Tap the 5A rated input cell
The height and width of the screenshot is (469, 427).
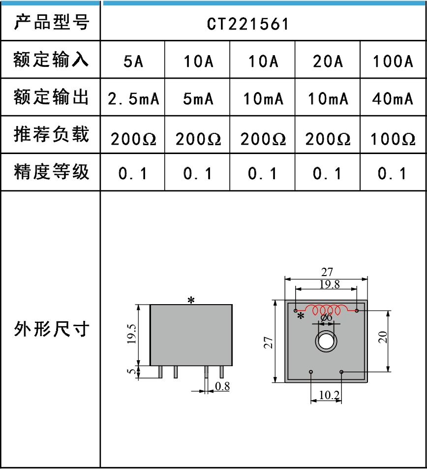click(x=133, y=62)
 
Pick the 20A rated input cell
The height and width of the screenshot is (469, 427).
click(x=328, y=62)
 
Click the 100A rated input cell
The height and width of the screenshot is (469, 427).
click(x=393, y=62)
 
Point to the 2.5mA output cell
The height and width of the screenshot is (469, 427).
click(x=133, y=99)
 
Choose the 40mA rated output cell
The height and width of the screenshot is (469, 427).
click(x=393, y=99)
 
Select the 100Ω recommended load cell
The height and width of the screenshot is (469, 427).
click(x=393, y=139)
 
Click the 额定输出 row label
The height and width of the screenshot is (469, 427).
click(x=51, y=97)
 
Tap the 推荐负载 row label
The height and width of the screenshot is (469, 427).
click(x=51, y=134)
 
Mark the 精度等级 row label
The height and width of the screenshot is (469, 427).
click(x=51, y=172)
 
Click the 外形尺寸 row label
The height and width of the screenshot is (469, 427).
click(x=51, y=329)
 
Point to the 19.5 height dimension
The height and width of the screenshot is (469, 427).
click(x=131, y=335)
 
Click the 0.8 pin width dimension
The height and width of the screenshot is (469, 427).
click(x=223, y=386)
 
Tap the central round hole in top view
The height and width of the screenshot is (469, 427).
click(x=325, y=340)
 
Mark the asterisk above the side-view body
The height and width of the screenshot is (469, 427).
click(x=191, y=300)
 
